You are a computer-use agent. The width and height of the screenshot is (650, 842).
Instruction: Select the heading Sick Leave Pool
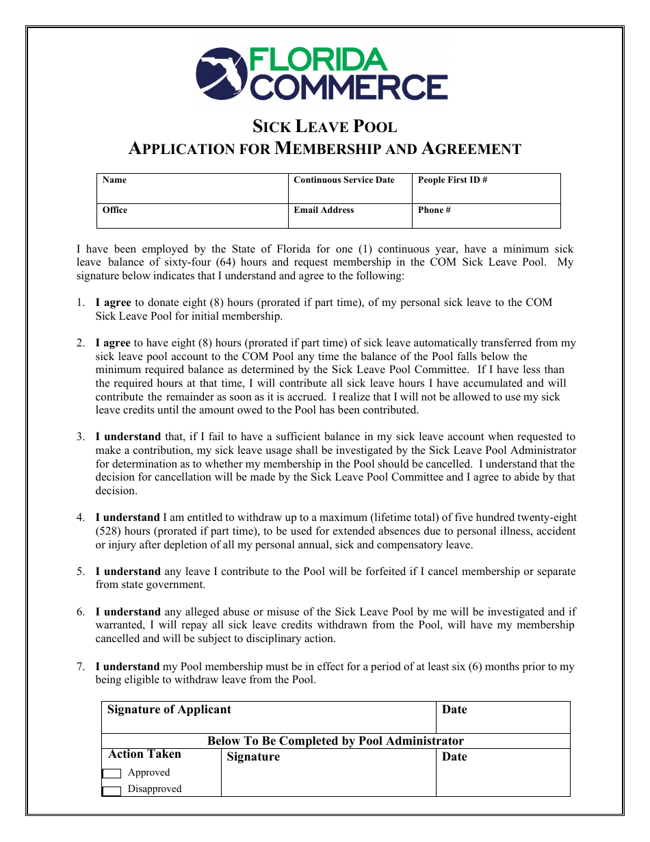coord(324,127)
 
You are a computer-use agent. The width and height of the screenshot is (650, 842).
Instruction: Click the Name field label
coord(114,180)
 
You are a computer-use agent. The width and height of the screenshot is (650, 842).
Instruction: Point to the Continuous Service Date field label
coord(343,180)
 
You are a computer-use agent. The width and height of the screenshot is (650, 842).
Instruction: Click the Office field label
coord(115,210)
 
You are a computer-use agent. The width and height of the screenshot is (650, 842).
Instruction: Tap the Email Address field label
coord(324,210)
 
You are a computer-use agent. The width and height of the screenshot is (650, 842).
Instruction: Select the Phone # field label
coord(434,210)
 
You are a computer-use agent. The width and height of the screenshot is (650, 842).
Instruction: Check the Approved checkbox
coord(112,774)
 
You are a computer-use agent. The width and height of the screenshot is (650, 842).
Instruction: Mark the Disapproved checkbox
coord(112,791)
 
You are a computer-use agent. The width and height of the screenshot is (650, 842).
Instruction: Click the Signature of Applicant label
coord(169,710)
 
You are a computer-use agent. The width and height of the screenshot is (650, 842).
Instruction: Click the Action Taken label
coord(144,754)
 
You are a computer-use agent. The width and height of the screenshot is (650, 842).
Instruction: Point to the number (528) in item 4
coord(110,531)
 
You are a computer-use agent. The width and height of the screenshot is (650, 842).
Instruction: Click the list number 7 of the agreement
coord(80,667)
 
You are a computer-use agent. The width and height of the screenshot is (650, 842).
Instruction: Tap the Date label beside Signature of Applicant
coord(454,710)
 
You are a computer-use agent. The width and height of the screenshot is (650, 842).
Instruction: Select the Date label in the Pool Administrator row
coord(454,757)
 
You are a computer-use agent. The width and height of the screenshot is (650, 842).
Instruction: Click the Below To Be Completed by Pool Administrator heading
coord(335,741)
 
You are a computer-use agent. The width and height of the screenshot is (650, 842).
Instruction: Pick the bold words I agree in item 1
coord(113,303)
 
